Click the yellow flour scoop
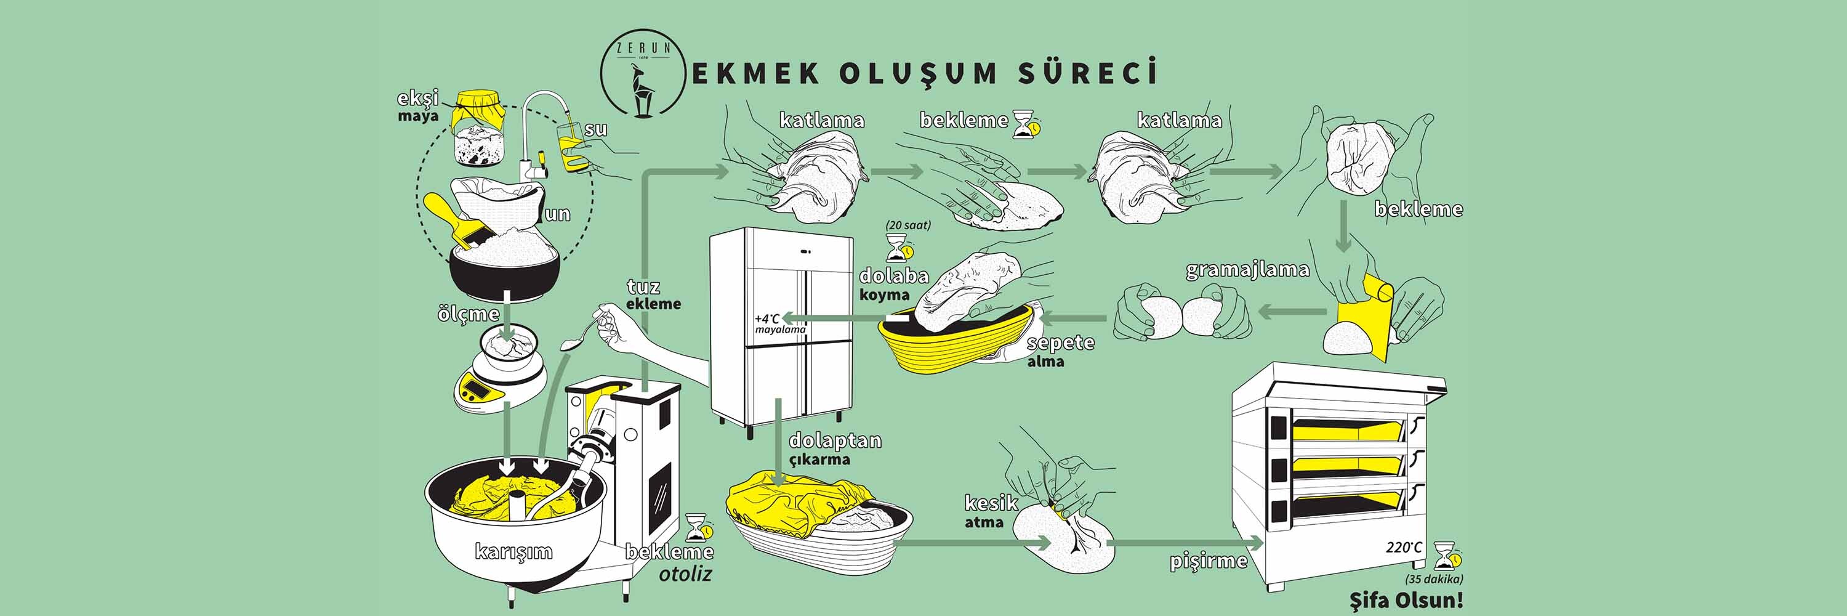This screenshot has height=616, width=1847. pyautogui.click(x=449, y=218)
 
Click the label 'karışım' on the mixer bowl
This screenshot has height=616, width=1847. pyautogui.click(x=513, y=551)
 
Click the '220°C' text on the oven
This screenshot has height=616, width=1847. pyautogui.click(x=1403, y=548)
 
